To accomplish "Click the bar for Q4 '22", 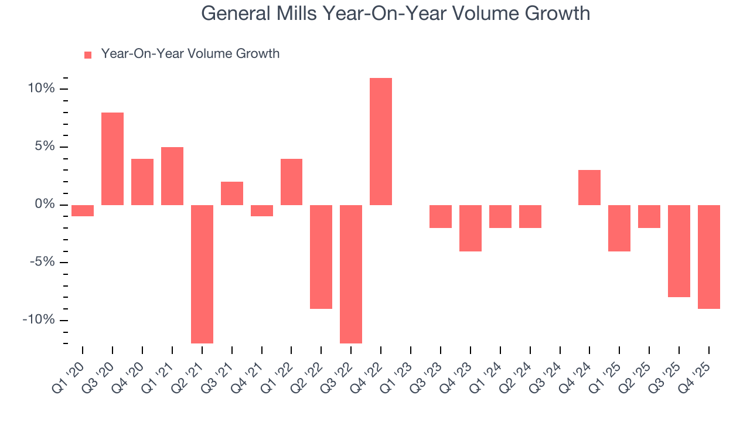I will coord(381,141).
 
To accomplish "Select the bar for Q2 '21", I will coord(202,274).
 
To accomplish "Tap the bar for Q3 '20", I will coord(112,158).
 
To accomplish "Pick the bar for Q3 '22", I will coord(351,274).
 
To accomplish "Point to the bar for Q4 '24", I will coord(589,188).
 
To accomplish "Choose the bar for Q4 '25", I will coord(709,257).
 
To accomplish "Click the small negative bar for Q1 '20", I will coord(83,210).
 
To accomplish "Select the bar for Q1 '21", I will coord(172,176).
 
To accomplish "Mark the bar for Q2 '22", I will coord(321,257).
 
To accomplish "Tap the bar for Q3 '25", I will coord(679,251).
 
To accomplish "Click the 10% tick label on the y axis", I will coord(40,89).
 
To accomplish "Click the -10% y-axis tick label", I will coord(39,320).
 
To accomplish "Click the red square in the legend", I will coord(88,55).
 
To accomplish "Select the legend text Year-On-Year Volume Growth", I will coord(190,54).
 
